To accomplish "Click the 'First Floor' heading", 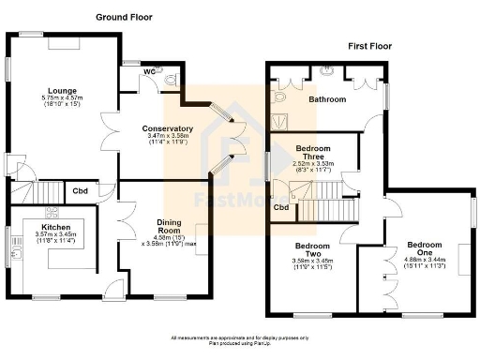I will click(371, 44).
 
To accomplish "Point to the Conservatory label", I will click(167, 128).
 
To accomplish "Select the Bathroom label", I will click(328, 99).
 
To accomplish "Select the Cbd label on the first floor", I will click(280, 207).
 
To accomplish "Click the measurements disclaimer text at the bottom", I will click(240, 339).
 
